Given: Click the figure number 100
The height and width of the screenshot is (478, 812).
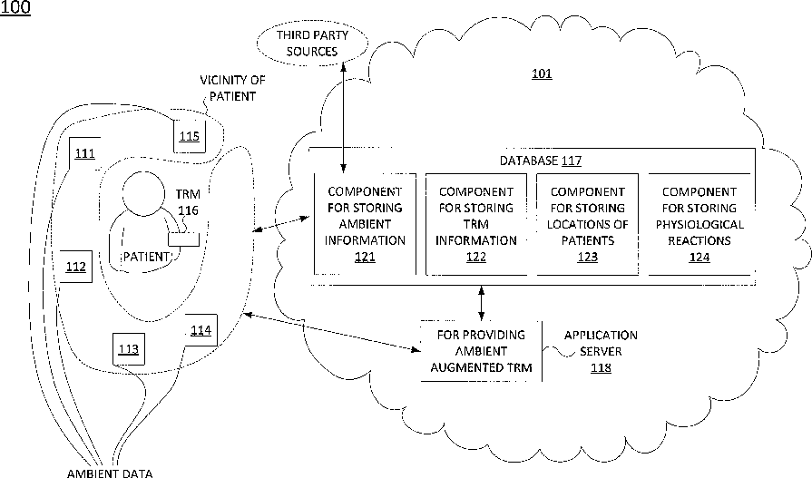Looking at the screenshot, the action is pyautogui.click(x=15, y=8).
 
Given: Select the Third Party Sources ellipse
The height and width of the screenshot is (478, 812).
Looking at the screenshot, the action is pyautogui.click(x=312, y=44).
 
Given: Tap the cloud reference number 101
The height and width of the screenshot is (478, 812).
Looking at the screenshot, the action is pyautogui.click(x=542, y=73).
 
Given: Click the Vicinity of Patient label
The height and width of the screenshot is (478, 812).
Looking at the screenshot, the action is pyautogui.click(x=232, y=88).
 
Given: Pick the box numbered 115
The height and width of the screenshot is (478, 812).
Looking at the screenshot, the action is pyautogui.click(x=190, y=136).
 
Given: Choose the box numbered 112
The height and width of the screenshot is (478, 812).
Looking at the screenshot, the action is pyautogui.click(x=76, y=267).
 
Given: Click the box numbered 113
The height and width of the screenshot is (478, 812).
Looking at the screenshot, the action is pyautogui.click(x=129, y=349).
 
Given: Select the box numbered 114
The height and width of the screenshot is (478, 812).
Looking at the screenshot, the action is pyautogui.click(x=201, y=330).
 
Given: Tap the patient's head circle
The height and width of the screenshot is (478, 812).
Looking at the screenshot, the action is pyautogui.click(x=144, y=191).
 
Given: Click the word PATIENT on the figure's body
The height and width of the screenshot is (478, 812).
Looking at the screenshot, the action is pyautogui.click(x=145, y=257).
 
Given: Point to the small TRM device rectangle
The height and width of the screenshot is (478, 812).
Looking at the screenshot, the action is pyautogui.click(x=184, y=239).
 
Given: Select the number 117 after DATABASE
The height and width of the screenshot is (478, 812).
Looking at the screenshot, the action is pyautogui.click(x=572, y=161).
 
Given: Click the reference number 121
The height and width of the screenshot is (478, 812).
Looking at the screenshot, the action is pyautogui.click(x=365, y=257).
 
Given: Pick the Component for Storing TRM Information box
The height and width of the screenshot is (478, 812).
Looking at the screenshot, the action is pyautogui.click(x=476, y=224).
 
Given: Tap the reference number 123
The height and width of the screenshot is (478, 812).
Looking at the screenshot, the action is pyautogui.click(x=587, y=257).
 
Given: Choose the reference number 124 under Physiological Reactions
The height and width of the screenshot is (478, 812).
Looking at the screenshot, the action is pyautogui.click(x=699, y=257).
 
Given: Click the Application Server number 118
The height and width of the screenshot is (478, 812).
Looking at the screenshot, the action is pyautogui.click(x=601, y=367).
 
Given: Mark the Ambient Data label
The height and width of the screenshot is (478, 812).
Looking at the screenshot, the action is pyautogui.click(x=110, y=473).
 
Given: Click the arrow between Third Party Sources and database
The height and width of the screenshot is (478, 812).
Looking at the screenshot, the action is pyautogui.click(x=343, y=117).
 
